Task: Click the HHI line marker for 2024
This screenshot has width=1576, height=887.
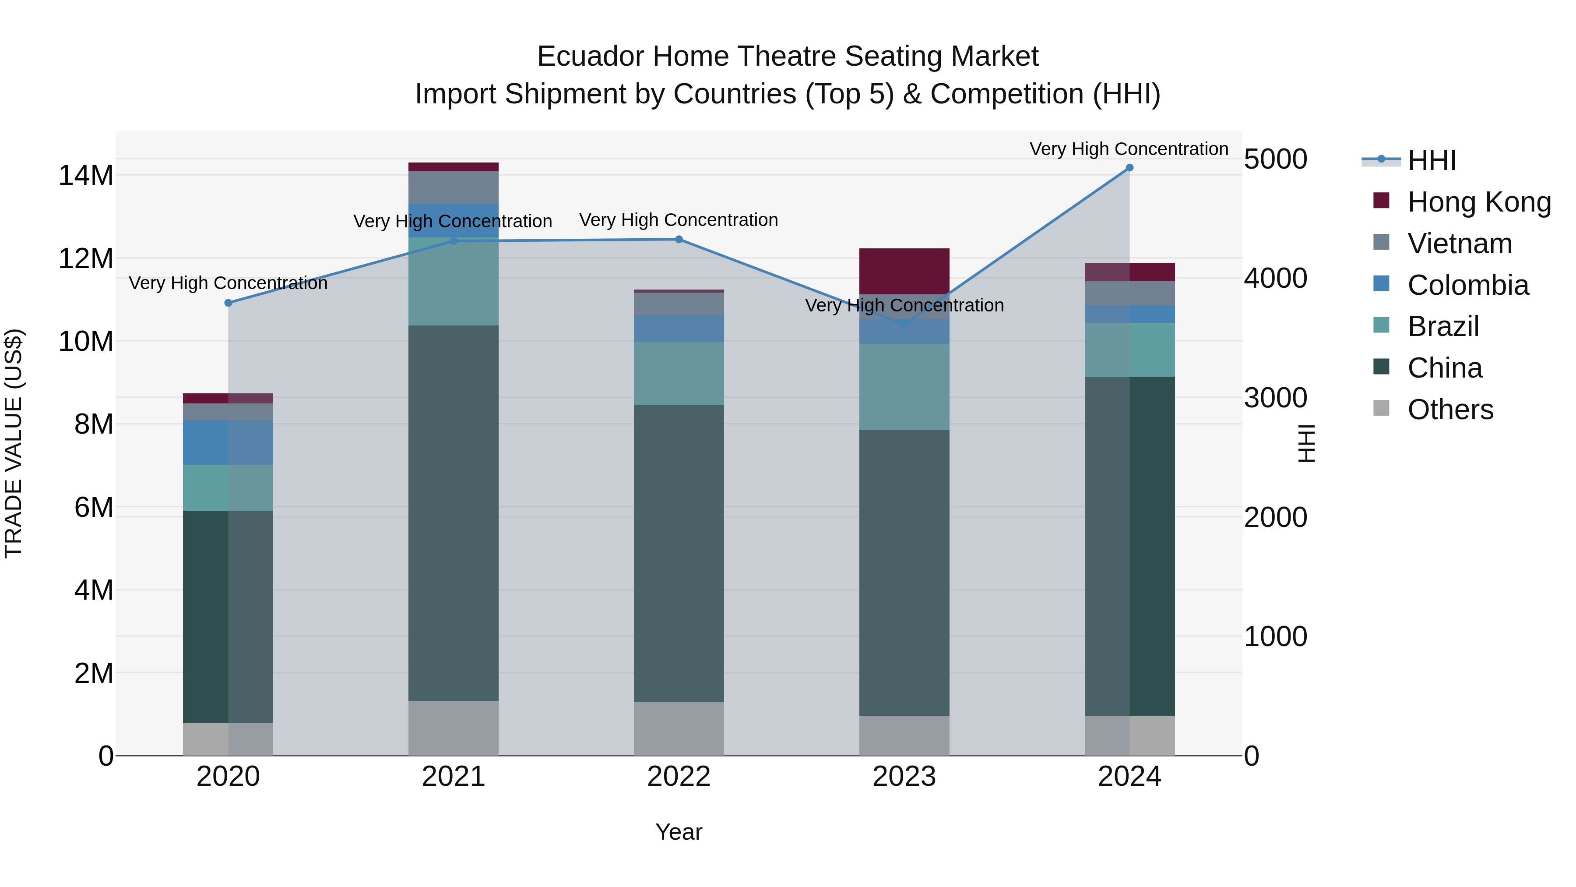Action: [x=1129, y=168]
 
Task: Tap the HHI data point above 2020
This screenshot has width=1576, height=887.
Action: [x=228, y=303]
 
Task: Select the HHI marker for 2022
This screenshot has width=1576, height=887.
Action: [x=679, y=239]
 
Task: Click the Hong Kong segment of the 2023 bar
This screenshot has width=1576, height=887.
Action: [x=904, y=271]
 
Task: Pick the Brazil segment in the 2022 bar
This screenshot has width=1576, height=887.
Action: [x=679, y=373]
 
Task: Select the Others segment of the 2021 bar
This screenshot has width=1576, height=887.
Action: [x=454, y=728]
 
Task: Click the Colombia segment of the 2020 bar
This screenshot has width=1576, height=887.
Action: [x=228, y=442]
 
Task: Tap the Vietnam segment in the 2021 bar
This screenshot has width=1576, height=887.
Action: [x=454, y=187]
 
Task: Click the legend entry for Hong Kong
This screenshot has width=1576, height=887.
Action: [x=1479, y=202]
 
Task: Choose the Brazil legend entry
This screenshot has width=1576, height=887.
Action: [x=1442, y=326]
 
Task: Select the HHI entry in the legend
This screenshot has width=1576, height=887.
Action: [x=1431, y=160]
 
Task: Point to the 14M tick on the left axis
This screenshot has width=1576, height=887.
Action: [x=86, y=176]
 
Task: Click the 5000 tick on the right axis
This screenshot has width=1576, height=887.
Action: [x=1276, y=159]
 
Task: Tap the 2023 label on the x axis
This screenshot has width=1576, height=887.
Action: [x=904, y=777]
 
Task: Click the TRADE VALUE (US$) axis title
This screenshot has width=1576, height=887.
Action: [x=14, y=443]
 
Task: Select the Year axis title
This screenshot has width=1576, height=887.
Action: [x=679, y=832]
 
